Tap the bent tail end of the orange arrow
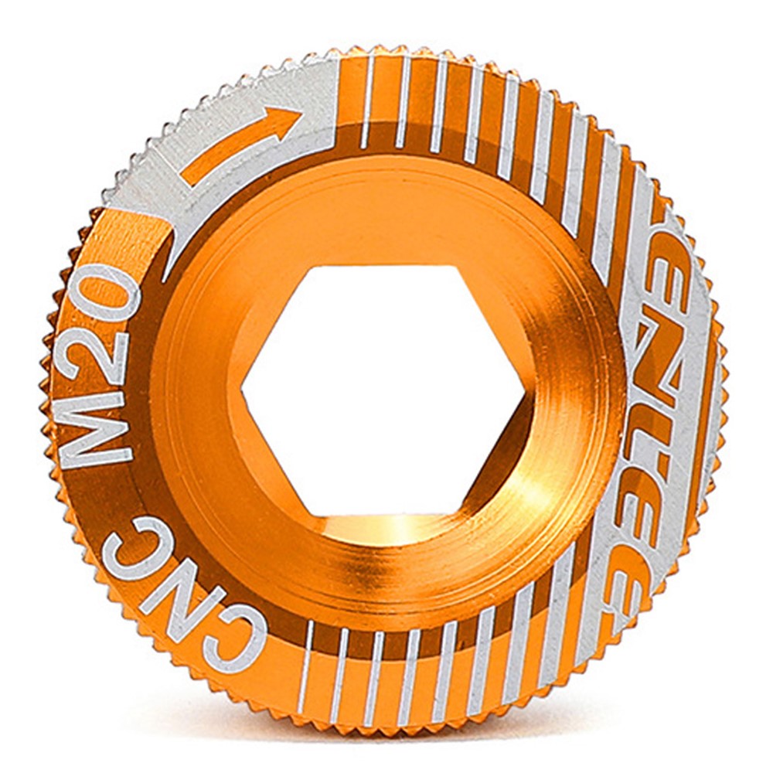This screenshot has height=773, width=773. pyautogui.click(x=189, y=174)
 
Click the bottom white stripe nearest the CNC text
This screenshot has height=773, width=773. pyautogui.click(x=306, y=665)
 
